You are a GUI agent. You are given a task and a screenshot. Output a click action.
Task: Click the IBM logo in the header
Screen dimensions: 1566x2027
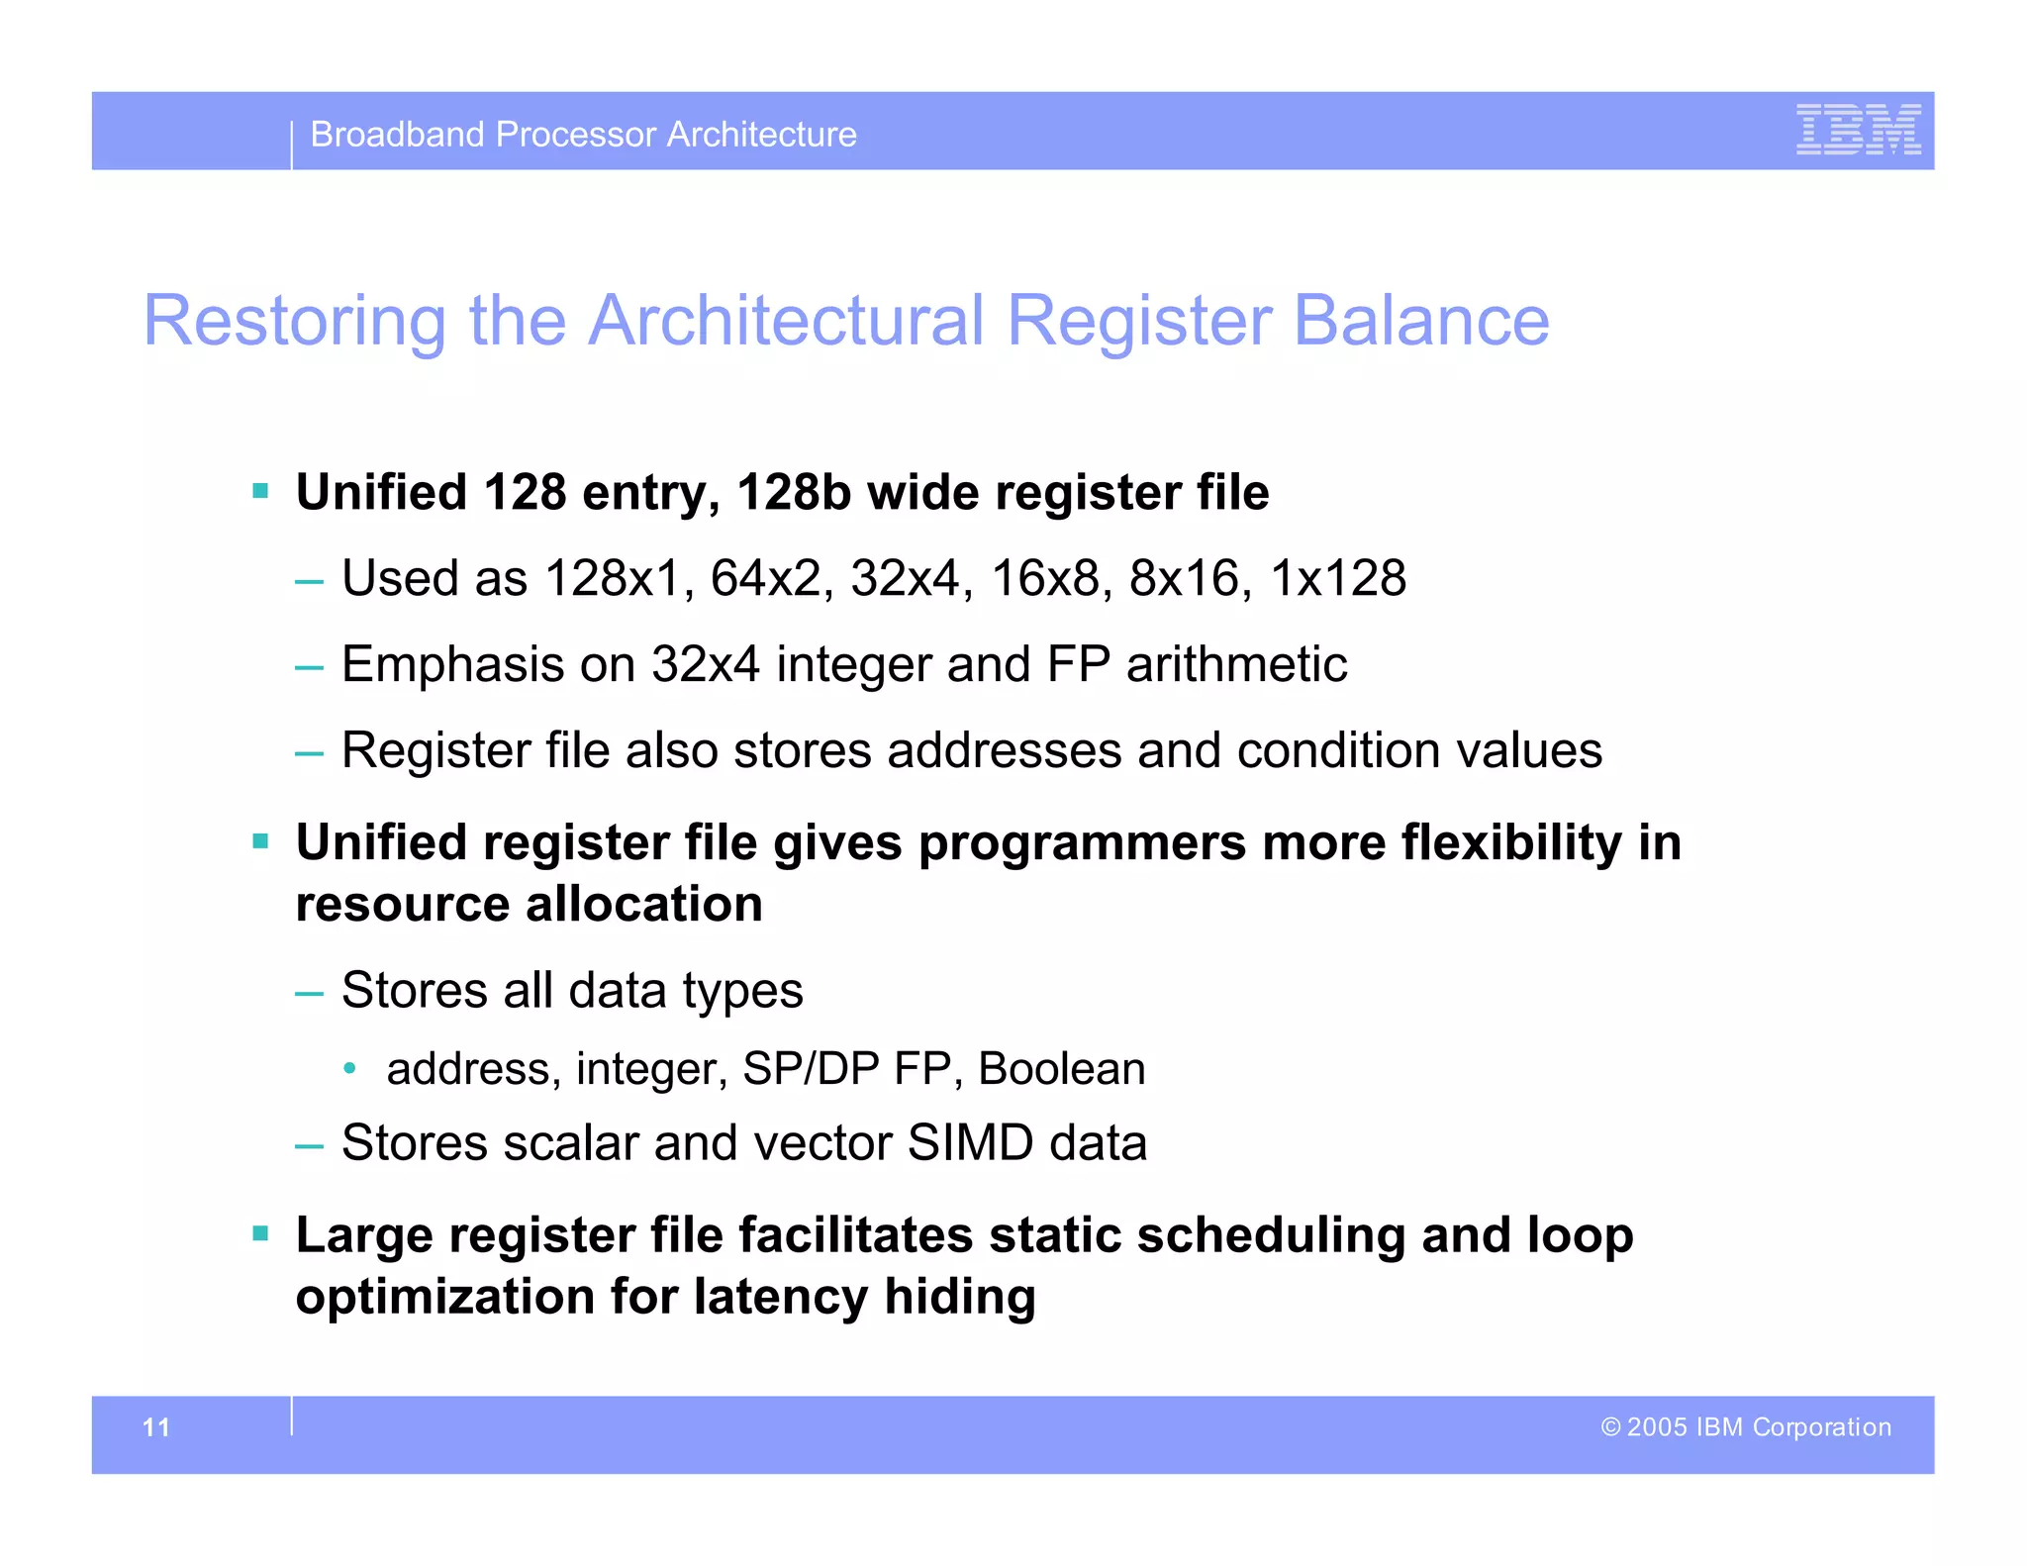pyautogui.click(x=1858, y=130)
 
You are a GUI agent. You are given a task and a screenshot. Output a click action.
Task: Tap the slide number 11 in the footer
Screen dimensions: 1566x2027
pyautogui.click(x=156, y=1427)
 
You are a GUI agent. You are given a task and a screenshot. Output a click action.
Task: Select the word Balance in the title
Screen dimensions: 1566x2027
pyautogui.click(x=1421, y=321)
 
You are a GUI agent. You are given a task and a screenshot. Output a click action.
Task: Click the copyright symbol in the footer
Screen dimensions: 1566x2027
pyautogui.click(x=1610, y=1427)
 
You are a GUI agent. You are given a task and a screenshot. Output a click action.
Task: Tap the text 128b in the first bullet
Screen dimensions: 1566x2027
pyautogui.click(x=794, y=492)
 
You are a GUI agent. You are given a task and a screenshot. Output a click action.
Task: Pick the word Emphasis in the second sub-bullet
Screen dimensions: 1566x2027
pyautogui.click(x=452, y=664)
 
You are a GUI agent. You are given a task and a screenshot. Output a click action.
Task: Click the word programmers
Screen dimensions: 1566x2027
pyautogui.click(x=1082, y=843)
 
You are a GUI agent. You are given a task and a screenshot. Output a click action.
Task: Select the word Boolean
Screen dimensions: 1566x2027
pyautogui.click(x=1061, y=1069)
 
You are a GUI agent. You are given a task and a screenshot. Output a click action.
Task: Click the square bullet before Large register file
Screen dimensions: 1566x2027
pyautogui.click(x=261, y=1234)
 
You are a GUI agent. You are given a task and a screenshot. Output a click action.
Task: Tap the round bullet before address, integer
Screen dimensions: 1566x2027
pyautogui.click(x=348, y=1068)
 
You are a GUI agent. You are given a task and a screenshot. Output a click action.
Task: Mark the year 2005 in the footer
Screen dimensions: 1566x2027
pyautogui.click(x=1657, y=1427)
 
